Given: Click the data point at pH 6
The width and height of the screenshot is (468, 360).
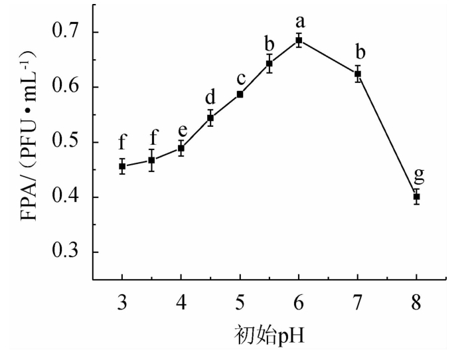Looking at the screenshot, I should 299,41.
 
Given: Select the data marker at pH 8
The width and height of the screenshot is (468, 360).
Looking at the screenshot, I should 416,197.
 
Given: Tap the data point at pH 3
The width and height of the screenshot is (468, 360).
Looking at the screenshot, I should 122,166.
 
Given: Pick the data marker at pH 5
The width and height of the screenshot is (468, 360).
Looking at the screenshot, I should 240,94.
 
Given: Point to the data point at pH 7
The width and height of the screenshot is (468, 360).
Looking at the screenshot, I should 357,74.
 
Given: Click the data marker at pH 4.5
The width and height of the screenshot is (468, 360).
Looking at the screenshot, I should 210,118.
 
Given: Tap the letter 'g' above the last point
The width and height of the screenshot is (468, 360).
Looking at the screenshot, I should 418,175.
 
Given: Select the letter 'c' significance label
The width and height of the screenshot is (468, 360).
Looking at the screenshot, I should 240,78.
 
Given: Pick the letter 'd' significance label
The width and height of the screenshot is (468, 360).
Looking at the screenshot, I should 210,97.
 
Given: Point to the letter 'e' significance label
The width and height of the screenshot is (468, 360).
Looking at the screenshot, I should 181,130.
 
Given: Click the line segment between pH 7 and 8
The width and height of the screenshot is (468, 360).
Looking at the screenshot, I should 387,135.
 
